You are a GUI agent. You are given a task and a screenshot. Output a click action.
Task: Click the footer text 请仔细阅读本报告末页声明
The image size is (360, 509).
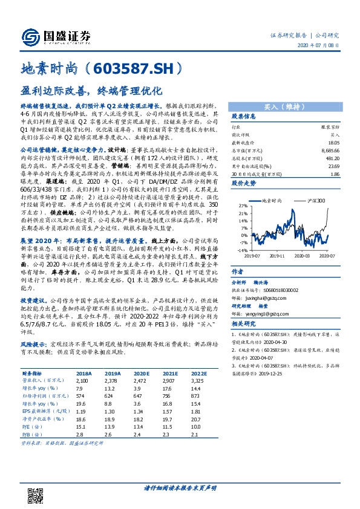[180, 487]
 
